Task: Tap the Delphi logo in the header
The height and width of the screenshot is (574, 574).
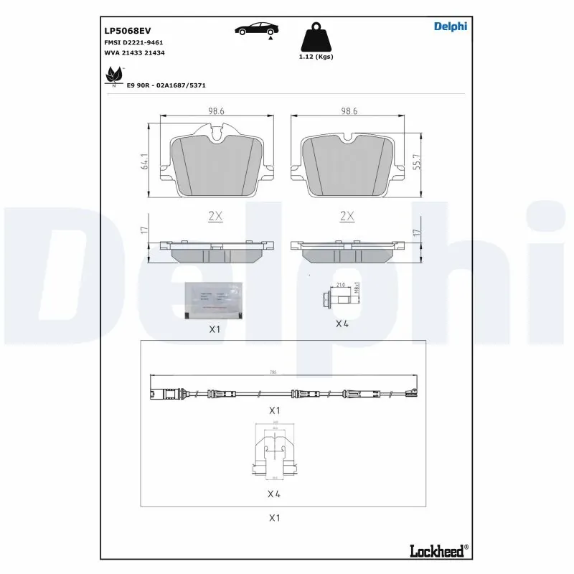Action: pyautogui.click(x=450, y=27)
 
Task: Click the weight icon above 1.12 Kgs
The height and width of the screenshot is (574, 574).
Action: pyautogui.click(x=316, y=37)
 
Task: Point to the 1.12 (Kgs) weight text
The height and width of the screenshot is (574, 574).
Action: pyautogui.click(x=316, y=57)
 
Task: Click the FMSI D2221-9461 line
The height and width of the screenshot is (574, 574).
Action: pyautogui.click(x=133, y=43)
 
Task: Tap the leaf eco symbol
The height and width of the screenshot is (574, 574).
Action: pyautogui.click(x=114, y=75)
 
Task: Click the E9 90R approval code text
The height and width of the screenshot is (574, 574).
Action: pyautogui.click(x=166, y=85)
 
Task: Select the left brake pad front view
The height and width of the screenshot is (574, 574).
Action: pyautogui.click(x=216, y=165)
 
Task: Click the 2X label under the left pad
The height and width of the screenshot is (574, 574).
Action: pyautogui.click(x=215, y=215)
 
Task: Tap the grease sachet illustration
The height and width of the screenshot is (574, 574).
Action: pyautogui.click(x=212, y=300)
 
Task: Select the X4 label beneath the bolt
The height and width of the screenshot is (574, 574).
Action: pyautogui.click(x=342, y=324)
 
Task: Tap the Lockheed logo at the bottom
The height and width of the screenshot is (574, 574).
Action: pyautogui.click(x=438, y=551)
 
